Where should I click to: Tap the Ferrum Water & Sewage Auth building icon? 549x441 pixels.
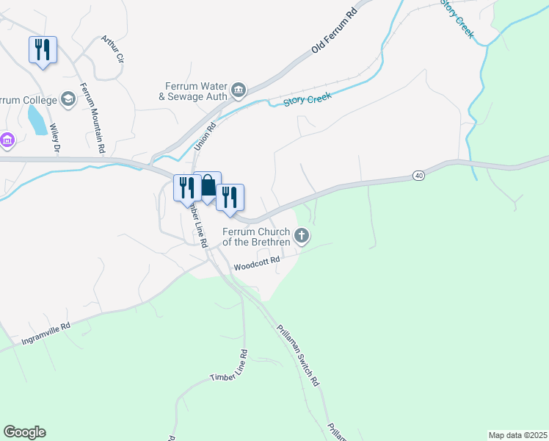[239, 90]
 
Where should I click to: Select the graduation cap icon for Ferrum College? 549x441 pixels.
[68, 99]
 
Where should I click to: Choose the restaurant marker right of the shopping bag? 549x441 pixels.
[230, 197]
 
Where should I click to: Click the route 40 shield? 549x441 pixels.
[418, 175]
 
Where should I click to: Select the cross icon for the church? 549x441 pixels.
[301, 236]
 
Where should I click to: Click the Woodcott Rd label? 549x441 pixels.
[258, 262]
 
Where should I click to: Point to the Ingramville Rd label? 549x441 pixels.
[46, 334]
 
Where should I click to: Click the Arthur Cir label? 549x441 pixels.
[113, 50]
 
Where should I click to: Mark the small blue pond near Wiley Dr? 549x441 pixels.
[35, 119]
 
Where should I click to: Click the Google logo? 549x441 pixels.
[24, 432]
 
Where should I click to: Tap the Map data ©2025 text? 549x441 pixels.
[517, 435]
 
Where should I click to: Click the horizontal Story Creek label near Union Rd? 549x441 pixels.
[308, 99]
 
